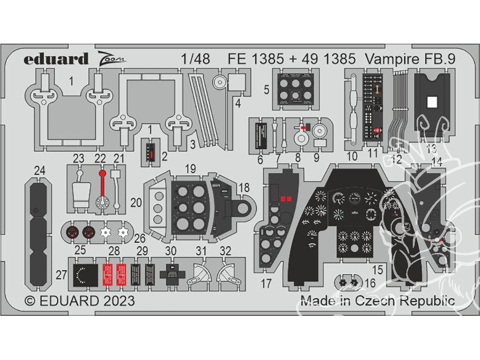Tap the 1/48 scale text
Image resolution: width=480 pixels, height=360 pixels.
pyautogui.click(x=195, y=59)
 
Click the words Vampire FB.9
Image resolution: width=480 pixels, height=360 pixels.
pyautogui.click(x=409, y=59)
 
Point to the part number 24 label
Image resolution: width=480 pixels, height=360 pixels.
pyautogui.click(x=40, y=170)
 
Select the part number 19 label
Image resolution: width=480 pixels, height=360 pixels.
pyautogui.click(x=190, y=168)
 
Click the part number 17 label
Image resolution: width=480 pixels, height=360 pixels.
pyautogui.click(x=266, y=284)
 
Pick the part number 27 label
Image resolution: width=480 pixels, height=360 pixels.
pyautogui.click(x=61, y=275)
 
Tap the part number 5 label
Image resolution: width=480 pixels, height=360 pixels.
pyautogui.click(x=266, y=89)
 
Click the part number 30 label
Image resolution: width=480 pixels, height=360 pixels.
pyautogui.click(x=171, y=251)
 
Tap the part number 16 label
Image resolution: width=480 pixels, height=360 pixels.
pyautogui.click(x=370, y=284)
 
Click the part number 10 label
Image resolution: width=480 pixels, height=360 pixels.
pyautogui.click(x=352, y=156)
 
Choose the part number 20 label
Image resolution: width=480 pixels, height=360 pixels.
pyautogui.click(x=136, y=203)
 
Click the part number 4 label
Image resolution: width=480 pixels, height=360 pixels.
pyautogui.click(x=238, y=102)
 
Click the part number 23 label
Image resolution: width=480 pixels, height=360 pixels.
pyautogui.click(x=79, y=158)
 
